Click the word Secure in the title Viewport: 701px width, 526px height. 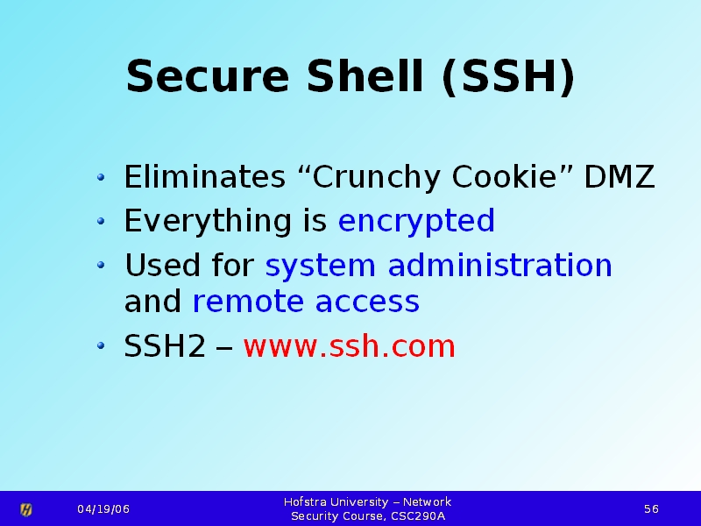tap(208, 76)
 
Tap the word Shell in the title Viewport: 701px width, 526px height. tap(365, 75)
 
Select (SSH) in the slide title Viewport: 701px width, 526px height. tap(508, 77)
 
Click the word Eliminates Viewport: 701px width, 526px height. tap(204, 176)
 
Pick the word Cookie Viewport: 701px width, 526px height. tap(505, 176)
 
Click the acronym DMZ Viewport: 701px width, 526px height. tap(620, 177)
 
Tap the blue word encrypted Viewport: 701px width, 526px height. tap(416, 221)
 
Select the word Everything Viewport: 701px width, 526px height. tap(208, 221)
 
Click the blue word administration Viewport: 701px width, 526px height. tap(499, 265)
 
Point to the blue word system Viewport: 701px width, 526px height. tap(320, 267)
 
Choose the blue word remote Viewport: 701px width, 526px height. tap(248, 301)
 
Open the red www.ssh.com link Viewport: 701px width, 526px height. tap(349, 345)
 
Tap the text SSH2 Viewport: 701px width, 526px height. tap(165, 345)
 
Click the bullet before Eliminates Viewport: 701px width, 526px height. tap(101, 177)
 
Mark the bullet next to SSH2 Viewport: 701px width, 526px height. tap(101, 345)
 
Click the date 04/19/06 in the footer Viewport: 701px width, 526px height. tap(103, 509)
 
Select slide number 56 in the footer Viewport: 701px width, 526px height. tap(651, 509)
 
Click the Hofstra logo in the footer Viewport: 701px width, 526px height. tap(26, 509)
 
